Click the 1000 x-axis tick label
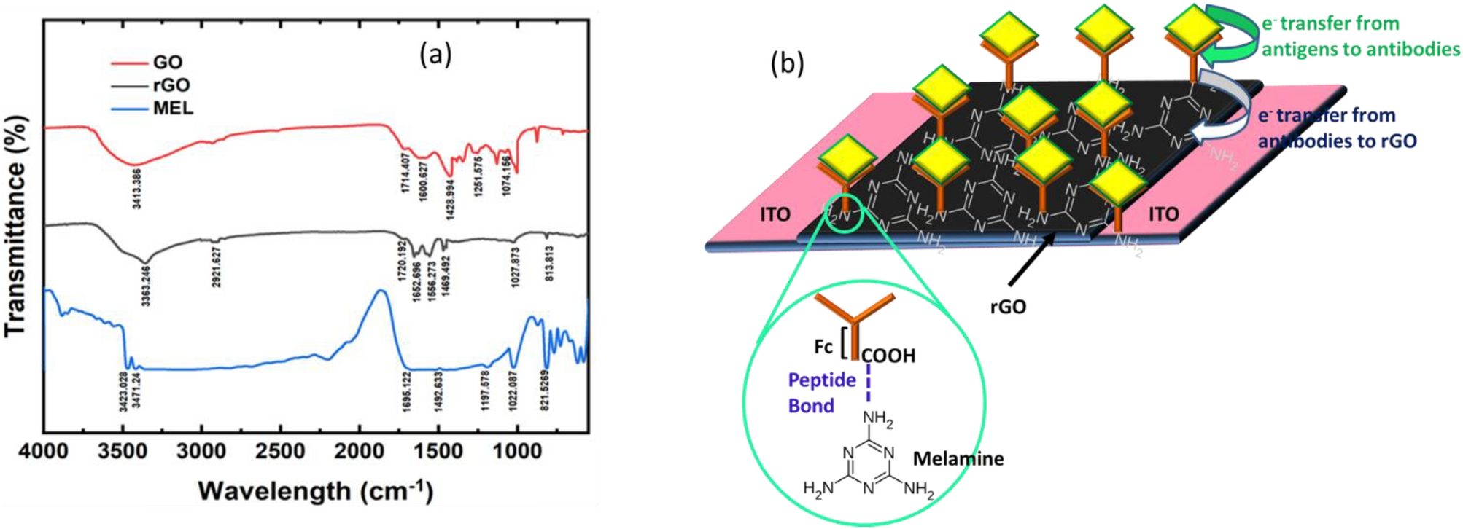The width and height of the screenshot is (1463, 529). point(517,452)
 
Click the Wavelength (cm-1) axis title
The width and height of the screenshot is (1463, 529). point(315,491)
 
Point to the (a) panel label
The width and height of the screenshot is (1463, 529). point(435,54)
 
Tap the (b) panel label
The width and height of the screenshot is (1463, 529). point(788,64)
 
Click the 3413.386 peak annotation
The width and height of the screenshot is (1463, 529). point(136,187)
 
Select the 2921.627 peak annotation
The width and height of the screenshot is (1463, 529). point(217,267)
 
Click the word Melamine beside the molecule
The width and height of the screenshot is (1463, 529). point(958,459)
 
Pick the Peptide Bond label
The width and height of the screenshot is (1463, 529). point(821,393)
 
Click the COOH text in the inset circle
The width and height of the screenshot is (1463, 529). point(888,356)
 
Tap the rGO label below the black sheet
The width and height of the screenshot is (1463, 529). point(1008,307)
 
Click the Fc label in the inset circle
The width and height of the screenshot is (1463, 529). point(823,347)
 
